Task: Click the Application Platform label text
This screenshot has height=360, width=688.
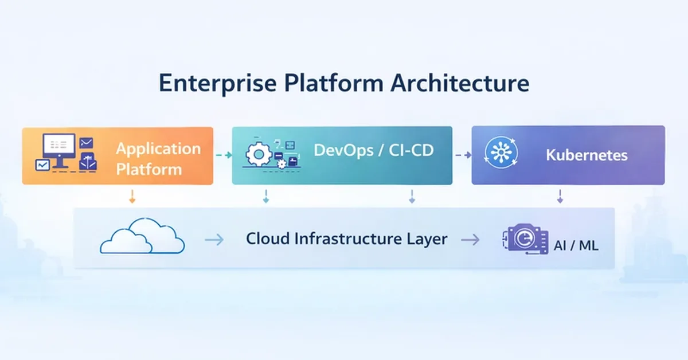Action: [x=158, y=159]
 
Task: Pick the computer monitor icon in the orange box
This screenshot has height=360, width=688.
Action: [x=59, y=146]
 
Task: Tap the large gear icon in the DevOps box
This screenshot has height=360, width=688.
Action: [x=259, y=155]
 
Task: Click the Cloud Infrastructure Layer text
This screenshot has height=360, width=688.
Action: [x=346, y=239]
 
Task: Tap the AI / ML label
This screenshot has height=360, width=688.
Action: [x=576, y=246]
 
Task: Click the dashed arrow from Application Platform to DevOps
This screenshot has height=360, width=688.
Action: [x=222, y=155]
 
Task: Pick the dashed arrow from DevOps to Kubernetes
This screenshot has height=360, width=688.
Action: [x=462, y=155]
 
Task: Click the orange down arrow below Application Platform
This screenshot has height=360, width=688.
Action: [x=132, y=197]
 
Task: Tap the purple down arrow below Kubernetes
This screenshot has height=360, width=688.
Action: [x=560, y=197]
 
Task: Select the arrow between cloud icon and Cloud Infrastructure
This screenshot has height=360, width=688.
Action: [x=214, y=240]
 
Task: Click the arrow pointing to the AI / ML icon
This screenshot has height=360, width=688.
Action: [x=470, y=240]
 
